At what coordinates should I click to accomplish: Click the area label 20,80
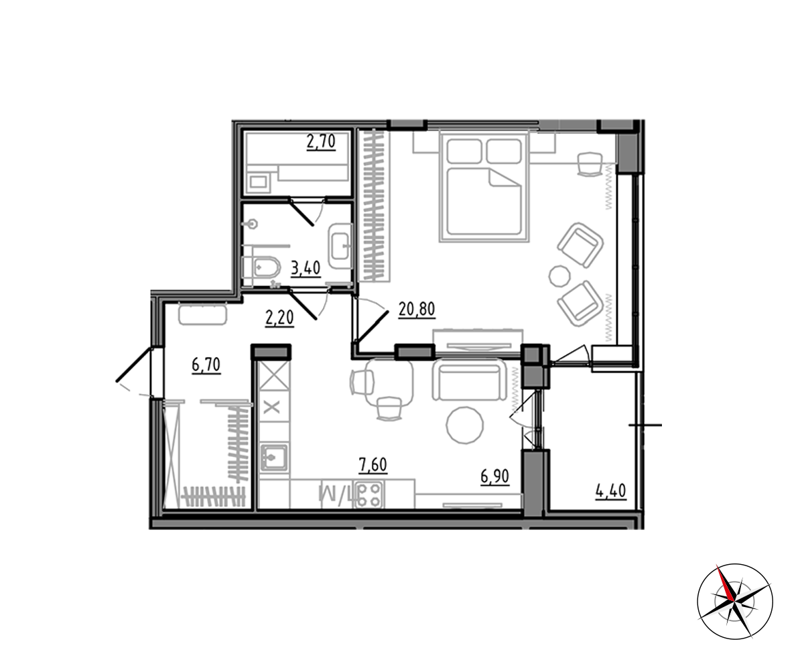pyautogui.click(x=417, y=310)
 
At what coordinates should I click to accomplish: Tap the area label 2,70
pyautogui.click(x=321, y=142)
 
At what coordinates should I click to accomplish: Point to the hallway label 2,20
pyautogui.click(x=279, y=318)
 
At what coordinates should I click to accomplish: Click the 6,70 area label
pyautogui.click(x=206, y=365)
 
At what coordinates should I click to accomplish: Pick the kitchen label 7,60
pyautogui.click(x=373, y=465)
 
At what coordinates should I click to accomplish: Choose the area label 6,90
pyautogui.click(x=495, y=476)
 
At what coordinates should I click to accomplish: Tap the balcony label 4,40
pyautogui.click(x=610, y=492)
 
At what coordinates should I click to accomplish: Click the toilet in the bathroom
pyautogui.click(x=262, y=267)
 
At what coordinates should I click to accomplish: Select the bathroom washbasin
pyautogui.click(x=340, y=246)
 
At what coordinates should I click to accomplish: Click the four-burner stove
pyautogui.click(x=369, y=495)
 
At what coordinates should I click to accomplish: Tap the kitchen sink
pyautogui.click(x=274, y=458)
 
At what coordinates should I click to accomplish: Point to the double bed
pyautogui.click(x=484, y=187)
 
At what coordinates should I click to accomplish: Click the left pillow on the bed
pyautogui.click(x=464, y=151)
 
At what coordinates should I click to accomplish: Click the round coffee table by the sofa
pyautogui.click(x=465, y=425)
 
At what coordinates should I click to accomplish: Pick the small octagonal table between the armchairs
pyautogui.click(x=559, y=276)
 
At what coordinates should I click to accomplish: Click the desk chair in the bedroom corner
pyautogui.click(x=590, y=164)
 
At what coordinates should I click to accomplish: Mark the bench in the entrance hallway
pyautogui.click(x=202, y=315)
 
